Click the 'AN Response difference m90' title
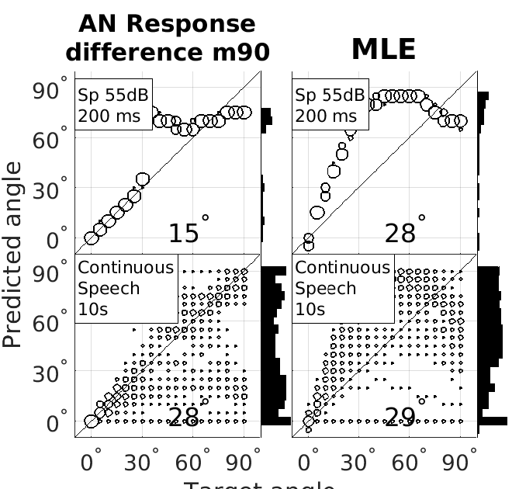click(167, 37)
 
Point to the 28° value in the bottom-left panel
click(186, 417)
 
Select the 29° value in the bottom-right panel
click(403, 417)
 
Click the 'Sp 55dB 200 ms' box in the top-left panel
click(114, 105)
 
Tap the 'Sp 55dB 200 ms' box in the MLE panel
click(330, 105)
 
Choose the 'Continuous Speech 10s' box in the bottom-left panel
click(126, 288)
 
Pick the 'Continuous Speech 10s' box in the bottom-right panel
click(343, 288)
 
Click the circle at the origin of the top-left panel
click(92, 238)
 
